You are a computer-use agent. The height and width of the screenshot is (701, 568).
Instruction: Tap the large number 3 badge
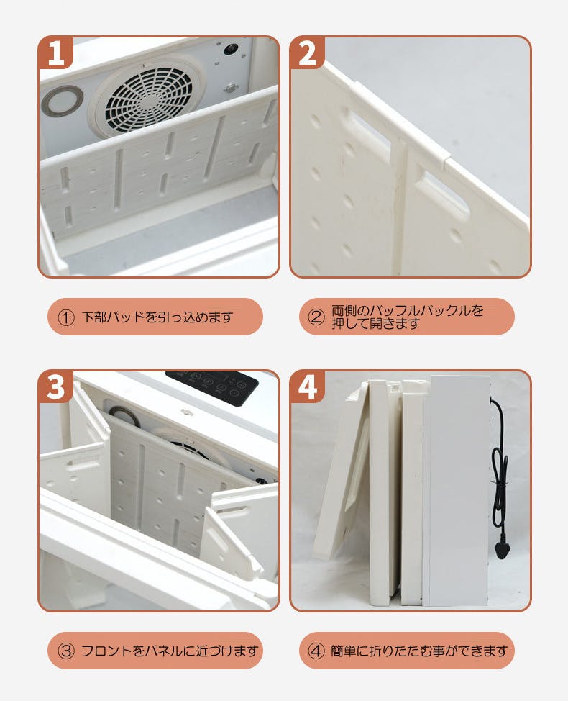point(56,386)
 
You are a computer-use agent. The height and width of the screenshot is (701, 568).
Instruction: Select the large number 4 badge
point(308,386)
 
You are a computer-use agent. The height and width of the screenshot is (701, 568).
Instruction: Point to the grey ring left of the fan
point(62,101)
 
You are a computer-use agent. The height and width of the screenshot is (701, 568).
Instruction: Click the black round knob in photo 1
point(231,49)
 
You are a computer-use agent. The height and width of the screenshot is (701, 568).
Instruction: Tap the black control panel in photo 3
point(212,388)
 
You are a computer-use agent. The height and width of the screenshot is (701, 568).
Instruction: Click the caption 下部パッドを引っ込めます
point(157,317)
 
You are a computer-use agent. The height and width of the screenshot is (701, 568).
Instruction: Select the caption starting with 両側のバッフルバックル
point(407,317)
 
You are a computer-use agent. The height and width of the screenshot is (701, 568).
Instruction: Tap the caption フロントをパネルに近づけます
point(170,651)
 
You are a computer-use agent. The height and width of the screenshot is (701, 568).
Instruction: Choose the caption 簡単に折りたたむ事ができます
point(419,651)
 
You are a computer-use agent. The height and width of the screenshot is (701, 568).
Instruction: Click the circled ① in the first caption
point(66,317)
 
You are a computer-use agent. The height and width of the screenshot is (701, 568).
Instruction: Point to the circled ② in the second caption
point(316,317)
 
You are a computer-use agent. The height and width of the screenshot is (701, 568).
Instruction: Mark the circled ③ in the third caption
point(66,651)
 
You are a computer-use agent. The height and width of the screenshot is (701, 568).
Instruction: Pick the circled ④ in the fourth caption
point(316,651)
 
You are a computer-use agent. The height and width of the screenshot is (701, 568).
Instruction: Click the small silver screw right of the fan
point(231,87)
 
